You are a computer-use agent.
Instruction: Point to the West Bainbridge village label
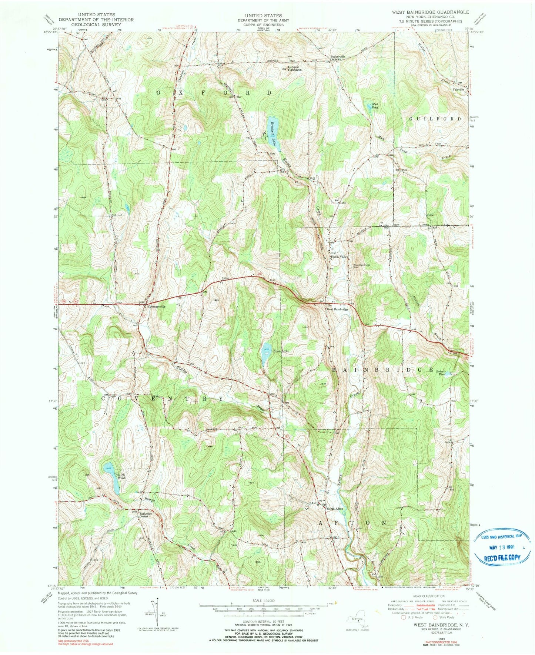pos(337,309)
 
